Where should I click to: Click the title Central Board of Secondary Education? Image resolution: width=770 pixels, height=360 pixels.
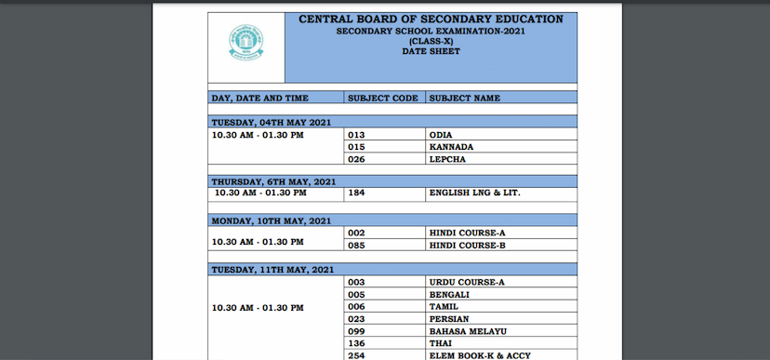tap(431, 19)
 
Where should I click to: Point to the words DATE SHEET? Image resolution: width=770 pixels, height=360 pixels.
tap(431, 52)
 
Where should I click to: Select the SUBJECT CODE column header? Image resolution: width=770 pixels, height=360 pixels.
tap(382, 98)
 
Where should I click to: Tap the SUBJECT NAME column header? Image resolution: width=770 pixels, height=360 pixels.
tap(464, 98)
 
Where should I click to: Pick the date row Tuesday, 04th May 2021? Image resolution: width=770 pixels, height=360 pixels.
tap(271, 122)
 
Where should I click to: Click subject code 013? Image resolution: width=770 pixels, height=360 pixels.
tap(355, 135)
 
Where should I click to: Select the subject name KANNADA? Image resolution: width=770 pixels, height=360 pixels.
tap(451, 147)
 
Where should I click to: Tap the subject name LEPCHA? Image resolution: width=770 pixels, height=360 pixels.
tap(446, 159)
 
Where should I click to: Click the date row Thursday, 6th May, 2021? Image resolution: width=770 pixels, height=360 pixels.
tap(273, 181)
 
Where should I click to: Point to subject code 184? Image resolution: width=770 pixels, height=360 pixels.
tap(355, 193)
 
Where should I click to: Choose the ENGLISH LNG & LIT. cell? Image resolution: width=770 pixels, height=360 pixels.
tap(474, 193)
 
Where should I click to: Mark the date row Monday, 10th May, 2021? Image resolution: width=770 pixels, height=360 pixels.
tap(271, 220)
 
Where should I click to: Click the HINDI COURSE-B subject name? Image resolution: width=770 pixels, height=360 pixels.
tap(467, 246)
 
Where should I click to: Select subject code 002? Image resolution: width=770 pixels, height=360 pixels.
tap(355, 233)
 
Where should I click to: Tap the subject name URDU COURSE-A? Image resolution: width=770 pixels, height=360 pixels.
tap(466, 282)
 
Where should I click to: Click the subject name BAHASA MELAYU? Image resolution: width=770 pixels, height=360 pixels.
tap(467, 330)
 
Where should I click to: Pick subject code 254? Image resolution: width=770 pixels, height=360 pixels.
tap(355, 354)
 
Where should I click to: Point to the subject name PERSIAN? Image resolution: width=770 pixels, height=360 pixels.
tap(449, 318)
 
